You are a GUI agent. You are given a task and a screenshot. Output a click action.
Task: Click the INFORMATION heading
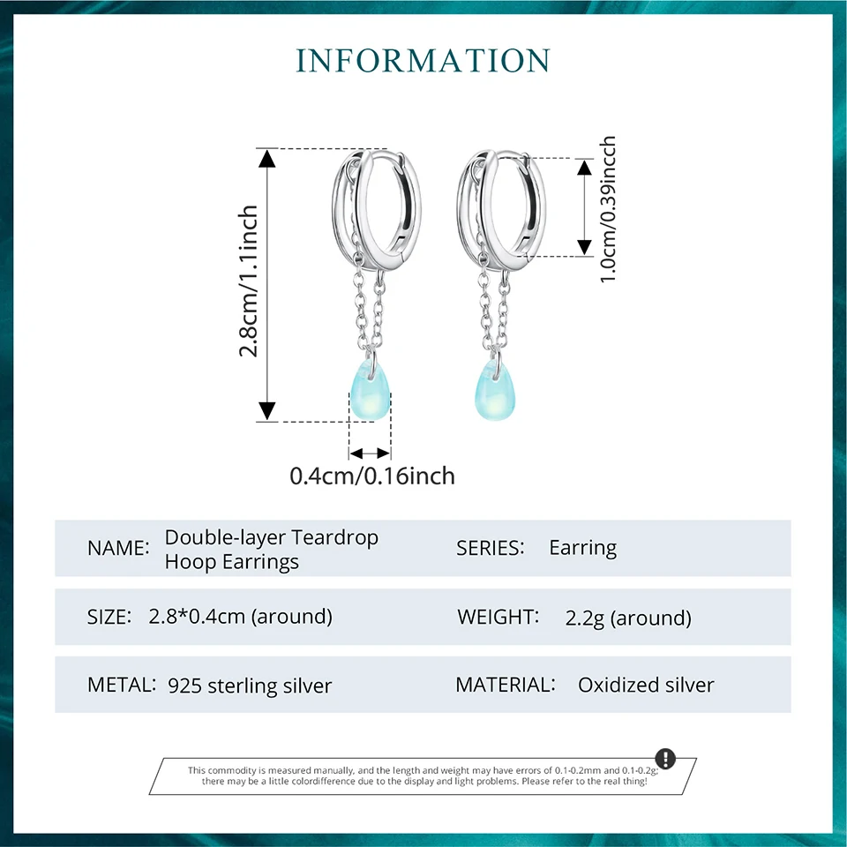(x=423, y=61)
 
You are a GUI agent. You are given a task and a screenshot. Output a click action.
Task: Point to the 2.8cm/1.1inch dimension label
(x=250, y=281)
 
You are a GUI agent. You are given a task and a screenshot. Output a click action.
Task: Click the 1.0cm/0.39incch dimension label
(x=608, y=210)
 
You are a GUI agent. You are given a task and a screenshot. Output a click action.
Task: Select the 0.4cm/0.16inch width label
(x=372, y=476)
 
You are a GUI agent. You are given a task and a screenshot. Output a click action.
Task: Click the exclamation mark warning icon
(x=665, y=759)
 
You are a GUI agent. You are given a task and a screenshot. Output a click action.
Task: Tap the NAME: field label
(x=118, y=548)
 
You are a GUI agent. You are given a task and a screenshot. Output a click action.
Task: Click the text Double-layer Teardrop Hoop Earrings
(x=271, y=549)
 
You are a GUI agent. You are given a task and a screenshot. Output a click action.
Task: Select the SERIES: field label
(x=491, y=547)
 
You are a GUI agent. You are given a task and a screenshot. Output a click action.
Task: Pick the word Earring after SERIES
(x=582, y=547)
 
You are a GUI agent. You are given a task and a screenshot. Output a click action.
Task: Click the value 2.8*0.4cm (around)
(x=240, y=616)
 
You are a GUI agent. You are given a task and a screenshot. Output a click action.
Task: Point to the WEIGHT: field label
(x=498, y=617)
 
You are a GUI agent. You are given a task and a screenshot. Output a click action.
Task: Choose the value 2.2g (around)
(x=628, y=618)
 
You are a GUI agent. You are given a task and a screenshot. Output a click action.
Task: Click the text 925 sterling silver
(x=250, y=686)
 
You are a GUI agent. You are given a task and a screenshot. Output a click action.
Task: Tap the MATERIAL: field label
(x=506, y=684)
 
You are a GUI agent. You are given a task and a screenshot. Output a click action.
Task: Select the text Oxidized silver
(x=646, y=685)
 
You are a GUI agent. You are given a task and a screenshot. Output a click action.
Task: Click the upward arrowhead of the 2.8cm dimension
(x=267, y=157)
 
